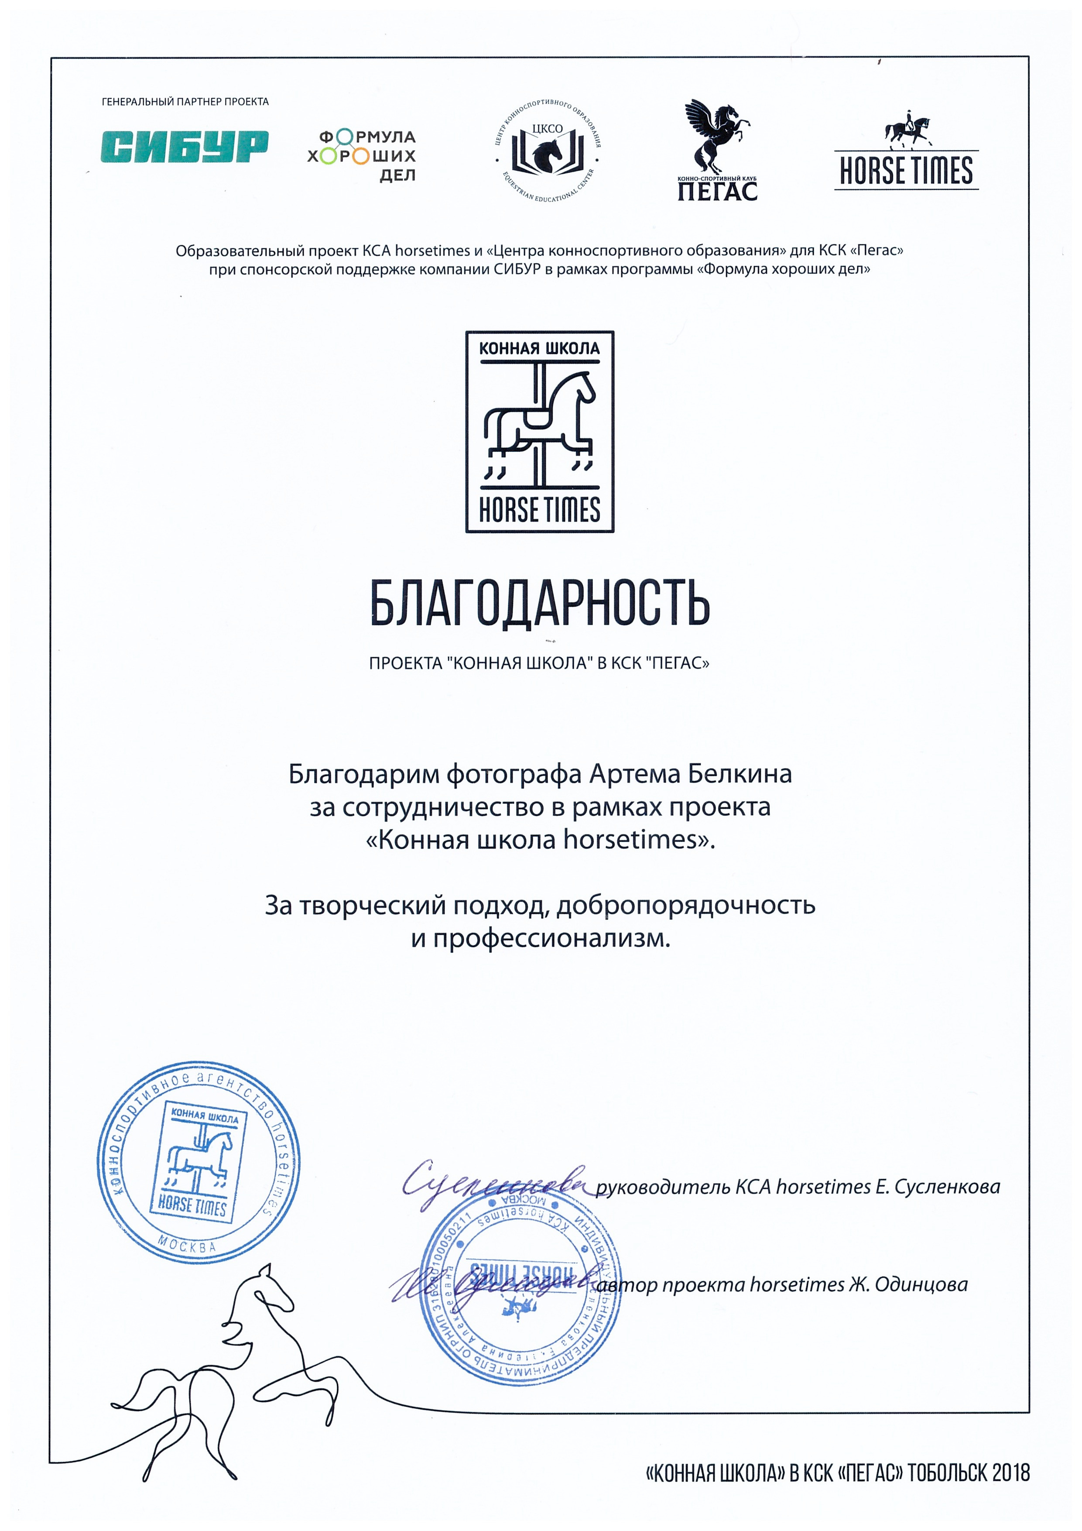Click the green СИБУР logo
(x=185, y=147)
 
